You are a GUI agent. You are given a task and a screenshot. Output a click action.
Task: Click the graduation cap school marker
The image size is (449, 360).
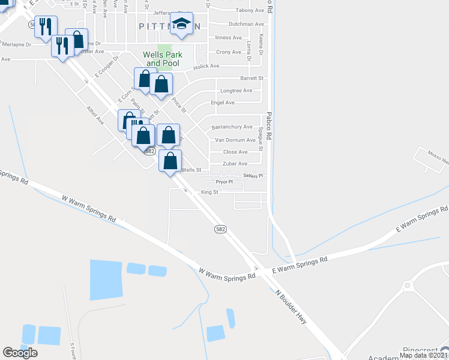181,24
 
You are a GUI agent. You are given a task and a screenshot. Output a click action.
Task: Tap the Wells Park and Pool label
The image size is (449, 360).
162,59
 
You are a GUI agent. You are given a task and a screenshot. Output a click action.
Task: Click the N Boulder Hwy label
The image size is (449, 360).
291,307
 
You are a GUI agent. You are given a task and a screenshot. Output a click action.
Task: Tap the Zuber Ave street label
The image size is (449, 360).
235,163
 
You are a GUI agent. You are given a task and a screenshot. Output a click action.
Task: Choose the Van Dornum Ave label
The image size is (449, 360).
235,140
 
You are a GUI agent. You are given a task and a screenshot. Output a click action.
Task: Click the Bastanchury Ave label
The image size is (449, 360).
232,127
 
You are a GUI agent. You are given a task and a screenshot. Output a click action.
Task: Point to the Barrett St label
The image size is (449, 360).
252,78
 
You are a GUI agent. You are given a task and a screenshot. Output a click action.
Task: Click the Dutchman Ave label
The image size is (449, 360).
246,24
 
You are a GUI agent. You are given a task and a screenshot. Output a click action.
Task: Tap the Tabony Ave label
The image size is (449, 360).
250,10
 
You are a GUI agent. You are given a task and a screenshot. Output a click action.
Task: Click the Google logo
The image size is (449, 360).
20,352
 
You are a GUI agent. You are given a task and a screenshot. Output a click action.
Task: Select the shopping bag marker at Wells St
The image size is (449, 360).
170,161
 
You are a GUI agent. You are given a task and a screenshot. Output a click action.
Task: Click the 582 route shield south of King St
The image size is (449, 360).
221,229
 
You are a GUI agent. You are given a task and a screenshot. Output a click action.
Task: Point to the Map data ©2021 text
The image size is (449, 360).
423,355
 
